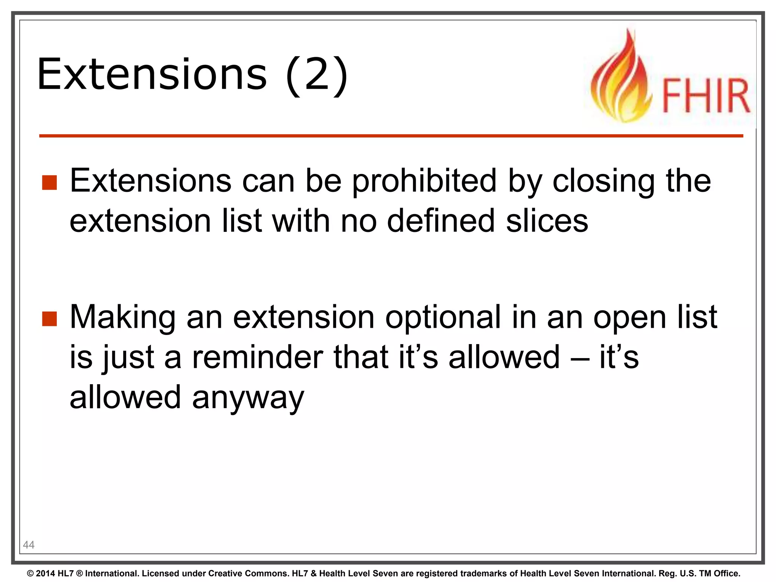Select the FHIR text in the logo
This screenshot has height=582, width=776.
706,95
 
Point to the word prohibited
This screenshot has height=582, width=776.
424,181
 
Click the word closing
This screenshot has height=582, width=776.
604,181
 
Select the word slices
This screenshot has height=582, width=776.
547,221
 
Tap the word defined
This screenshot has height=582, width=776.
441,221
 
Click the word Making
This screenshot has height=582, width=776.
122,318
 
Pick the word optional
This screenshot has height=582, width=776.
443,318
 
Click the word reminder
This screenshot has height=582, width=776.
257,357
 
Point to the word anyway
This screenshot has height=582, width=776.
248,398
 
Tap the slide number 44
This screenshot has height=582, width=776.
29,545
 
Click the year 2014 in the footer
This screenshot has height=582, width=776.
45,574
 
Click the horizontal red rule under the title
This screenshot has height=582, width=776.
390,136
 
